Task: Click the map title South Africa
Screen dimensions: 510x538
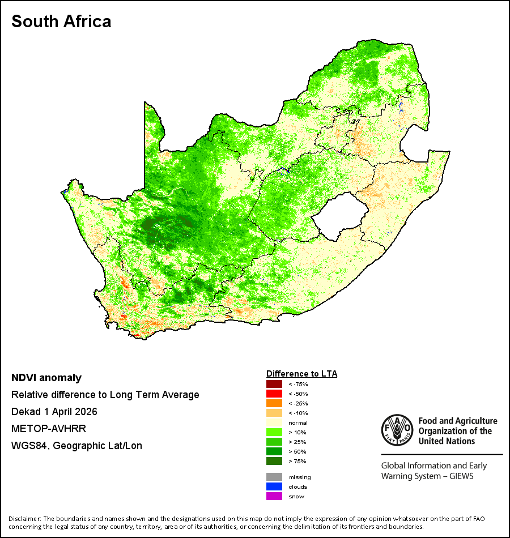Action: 61,22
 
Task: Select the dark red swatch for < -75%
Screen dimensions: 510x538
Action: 274,384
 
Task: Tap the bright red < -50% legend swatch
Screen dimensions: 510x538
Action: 274,394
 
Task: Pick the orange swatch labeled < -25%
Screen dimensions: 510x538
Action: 274,403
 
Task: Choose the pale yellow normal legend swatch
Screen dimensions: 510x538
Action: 274,422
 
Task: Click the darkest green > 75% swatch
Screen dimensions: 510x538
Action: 274,461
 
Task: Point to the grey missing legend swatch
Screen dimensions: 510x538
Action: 274,477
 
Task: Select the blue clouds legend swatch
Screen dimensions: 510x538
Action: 274,486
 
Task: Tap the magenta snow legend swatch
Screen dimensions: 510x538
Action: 274,496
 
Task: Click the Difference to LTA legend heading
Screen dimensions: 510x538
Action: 301,374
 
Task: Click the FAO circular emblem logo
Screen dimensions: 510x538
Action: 397,430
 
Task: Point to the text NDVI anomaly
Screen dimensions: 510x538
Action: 46,378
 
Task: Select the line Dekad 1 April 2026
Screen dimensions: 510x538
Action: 54,412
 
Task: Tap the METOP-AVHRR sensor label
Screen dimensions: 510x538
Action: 49,429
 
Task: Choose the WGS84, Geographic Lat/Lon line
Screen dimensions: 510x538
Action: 76,446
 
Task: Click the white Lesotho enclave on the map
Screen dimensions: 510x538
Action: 339,216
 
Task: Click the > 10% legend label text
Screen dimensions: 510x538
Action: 297,432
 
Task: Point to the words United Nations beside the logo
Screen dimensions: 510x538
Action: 447,441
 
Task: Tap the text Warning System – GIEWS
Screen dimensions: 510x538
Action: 427,476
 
